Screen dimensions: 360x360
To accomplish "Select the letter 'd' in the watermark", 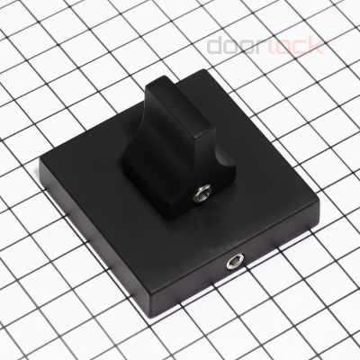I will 216,46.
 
